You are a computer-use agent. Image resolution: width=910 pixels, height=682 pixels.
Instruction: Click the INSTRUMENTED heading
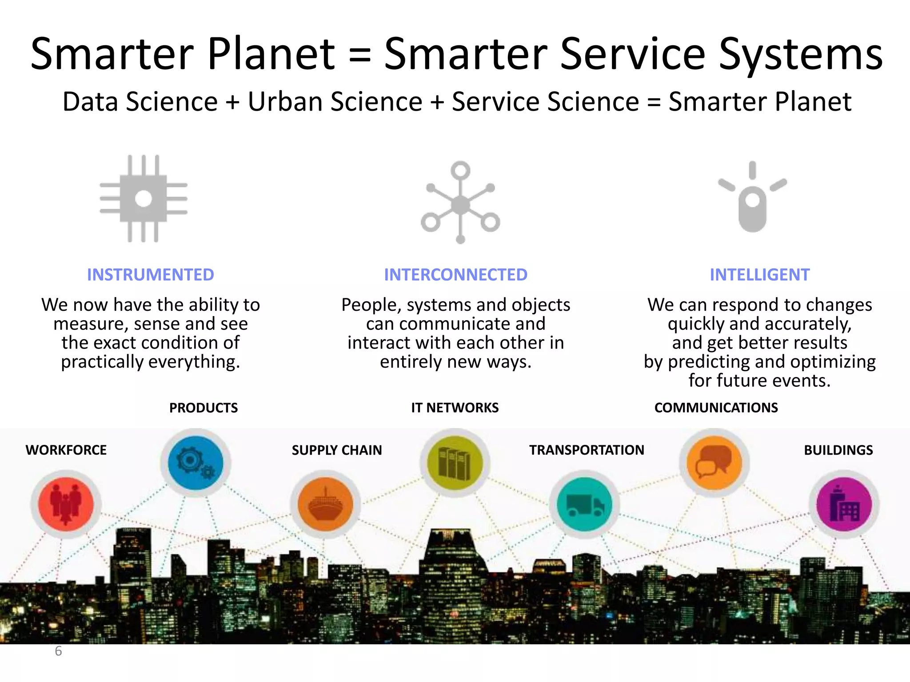coord(150,275)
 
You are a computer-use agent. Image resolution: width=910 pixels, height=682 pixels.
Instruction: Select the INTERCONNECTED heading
coord(455,275)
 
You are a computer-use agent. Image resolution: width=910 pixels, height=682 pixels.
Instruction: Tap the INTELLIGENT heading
coord(759,275)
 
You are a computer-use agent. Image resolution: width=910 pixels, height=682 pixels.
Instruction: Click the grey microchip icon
coord(143,198)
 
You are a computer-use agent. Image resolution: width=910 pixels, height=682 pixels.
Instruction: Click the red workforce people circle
coord(66,504)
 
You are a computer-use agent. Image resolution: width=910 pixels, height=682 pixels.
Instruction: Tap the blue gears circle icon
coord(196,462)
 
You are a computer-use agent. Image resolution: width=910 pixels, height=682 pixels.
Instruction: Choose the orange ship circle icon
coord(325,504)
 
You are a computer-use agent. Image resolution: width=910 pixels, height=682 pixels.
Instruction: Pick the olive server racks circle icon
coord(455,462)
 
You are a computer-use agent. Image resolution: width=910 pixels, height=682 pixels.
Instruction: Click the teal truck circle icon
coord(584,504)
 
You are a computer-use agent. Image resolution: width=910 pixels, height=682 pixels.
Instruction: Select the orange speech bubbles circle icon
coord(714,462)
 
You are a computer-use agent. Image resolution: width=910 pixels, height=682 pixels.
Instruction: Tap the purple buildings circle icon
coord(844,504)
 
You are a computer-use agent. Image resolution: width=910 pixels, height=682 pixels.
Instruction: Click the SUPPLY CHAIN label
coord(336,450)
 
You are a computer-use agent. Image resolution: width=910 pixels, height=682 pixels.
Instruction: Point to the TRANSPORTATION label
coord(586,450)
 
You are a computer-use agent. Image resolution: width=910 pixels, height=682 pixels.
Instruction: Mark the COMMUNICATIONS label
coord(716,408)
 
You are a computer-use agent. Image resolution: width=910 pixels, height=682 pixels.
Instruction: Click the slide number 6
coord(58,651)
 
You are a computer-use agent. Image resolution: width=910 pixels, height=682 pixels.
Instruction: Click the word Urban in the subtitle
coord(291,101)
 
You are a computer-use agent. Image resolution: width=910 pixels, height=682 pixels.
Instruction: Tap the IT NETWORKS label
coord(455,408)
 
